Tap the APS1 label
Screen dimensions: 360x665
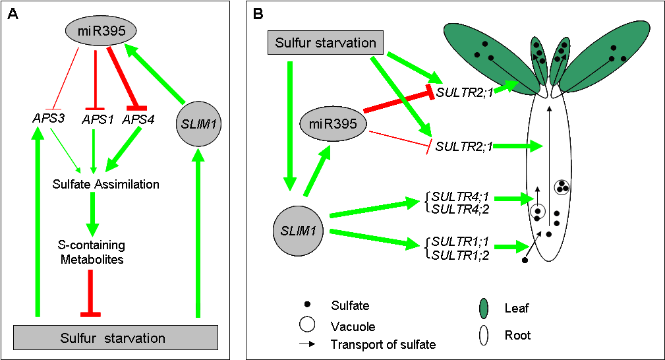(x=96, y=119)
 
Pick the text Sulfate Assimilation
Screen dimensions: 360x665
(x=106, y=184)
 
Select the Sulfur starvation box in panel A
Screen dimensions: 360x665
(x=115, y=338)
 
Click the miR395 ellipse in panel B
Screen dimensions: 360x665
(x=333, y=123)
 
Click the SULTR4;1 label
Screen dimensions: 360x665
(x=454, y=196)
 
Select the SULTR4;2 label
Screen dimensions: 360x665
(x=454, y=209)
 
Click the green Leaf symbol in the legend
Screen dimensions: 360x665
(x=486, y=308)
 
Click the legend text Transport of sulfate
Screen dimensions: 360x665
(x=383, y=344)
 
